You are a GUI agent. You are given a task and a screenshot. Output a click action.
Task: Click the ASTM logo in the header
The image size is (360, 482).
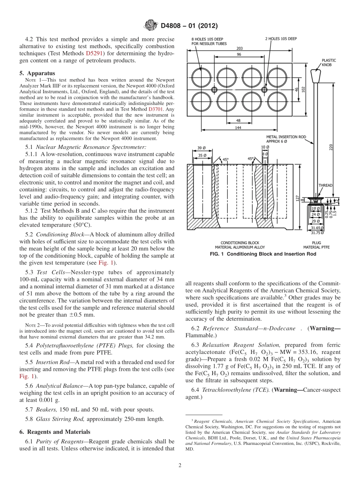(151, 26)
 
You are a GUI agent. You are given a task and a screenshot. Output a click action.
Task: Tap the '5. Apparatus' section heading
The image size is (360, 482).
(37, 73)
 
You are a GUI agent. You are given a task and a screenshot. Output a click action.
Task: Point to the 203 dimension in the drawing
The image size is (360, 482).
(239, 48)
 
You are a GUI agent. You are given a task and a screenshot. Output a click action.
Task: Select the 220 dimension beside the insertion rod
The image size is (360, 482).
(330, 148)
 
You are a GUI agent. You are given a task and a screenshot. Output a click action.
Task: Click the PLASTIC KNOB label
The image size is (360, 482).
(329, 63)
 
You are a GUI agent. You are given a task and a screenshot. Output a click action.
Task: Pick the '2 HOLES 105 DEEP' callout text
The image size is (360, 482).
(280, 39)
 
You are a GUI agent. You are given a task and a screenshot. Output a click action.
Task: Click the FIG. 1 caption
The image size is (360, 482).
(263, 254)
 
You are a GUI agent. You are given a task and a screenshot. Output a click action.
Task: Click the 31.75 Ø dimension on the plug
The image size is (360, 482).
(318, 233)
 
